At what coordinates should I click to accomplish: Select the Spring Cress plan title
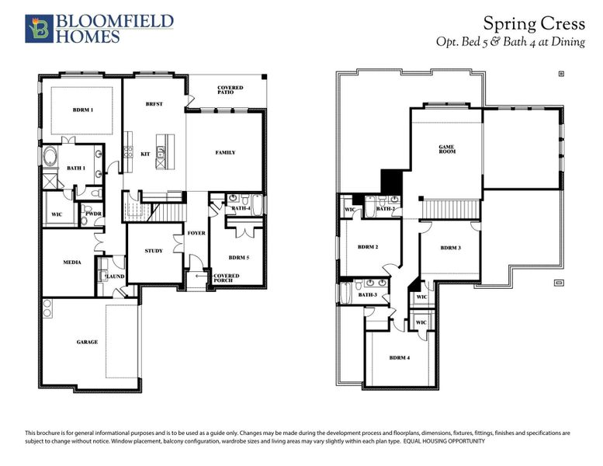pyautogui.click(x=533, y=23)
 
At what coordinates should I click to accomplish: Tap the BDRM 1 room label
pyautogui.click(x=83, y=110)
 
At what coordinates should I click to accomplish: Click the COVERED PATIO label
pyautogui.click(x=230, y=90)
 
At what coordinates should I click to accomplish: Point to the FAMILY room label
pyautogui.click(x=225, y=152)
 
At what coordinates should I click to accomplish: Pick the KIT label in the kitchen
pyautogui.click(x=144, y=154)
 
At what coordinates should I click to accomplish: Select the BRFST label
pyautogui.click(x=154, y=104)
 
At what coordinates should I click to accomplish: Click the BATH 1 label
pyautogui.click(x=75, y=167)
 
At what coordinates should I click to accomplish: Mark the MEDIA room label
pyautogui.click(x=72, y=263)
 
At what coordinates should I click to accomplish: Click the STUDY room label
pyautogui.click(x=154, y=250)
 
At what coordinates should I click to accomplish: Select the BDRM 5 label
pyautogui.click(x=239, y=256)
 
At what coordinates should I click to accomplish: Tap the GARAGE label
pyautogui.click(x=87, y=342)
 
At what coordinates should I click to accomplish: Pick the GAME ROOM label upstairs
pyautogui.click(x=446, y=148)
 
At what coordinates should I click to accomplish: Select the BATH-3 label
pyautogui.click(x=367, y=294)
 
